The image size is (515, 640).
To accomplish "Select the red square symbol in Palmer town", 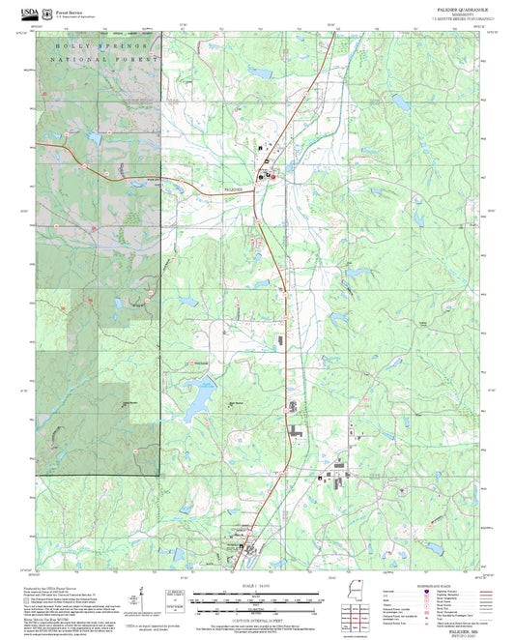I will tap(272, 177).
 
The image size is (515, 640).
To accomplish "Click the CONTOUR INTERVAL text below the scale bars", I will tap(257, 615).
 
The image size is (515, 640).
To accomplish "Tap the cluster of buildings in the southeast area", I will tap(339, 473).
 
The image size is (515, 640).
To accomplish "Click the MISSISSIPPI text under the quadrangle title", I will tap(450, 14).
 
